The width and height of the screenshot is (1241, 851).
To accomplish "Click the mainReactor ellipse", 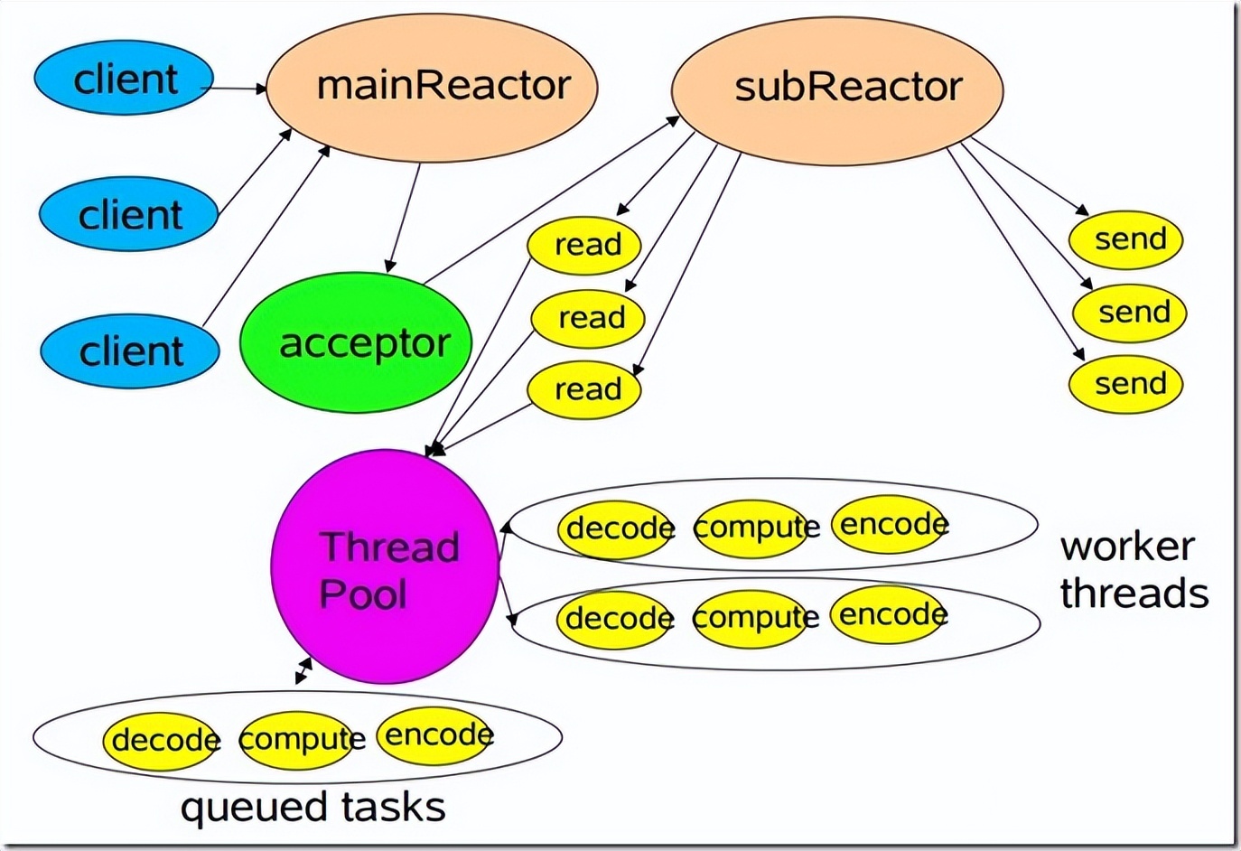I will coord(432,87).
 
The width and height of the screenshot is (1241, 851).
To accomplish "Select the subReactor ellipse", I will coord(837,89).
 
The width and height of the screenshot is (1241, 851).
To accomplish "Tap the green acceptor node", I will coord(356,343).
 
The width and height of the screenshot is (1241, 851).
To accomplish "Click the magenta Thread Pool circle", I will coord(385,567).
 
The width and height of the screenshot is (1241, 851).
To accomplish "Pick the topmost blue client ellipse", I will coord(124,79).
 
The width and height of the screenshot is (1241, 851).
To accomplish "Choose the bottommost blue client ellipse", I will coord(130,351).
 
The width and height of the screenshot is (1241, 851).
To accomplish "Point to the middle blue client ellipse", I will coord(128,215).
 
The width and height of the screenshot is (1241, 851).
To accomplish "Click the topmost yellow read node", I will coord(583,245).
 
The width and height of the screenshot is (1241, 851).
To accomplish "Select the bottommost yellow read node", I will coord(583,389).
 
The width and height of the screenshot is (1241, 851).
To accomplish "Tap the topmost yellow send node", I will coord(1125,240).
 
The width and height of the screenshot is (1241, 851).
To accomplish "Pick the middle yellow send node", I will coord(1129,313).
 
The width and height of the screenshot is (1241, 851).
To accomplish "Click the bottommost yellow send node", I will coord(1125,384).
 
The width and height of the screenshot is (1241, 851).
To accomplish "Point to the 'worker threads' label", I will coord(1134,570).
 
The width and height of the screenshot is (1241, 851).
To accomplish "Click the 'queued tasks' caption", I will coord(313,807).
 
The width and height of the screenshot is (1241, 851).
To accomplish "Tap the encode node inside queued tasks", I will coord(435,735).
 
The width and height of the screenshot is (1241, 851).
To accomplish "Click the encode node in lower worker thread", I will coord(888,615).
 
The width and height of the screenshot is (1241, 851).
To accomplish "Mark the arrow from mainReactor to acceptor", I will coord(404,217).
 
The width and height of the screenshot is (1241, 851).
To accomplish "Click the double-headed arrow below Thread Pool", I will coord(303,671).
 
